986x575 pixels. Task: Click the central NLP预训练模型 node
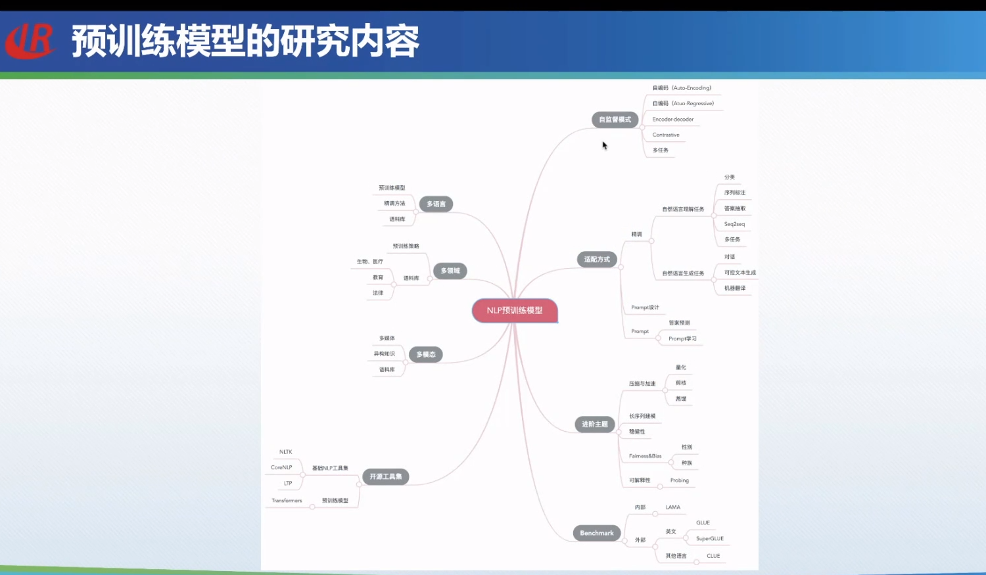[x=515, y=310]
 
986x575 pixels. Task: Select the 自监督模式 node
[x=615, y=120]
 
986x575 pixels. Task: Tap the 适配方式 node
[x=597, y=260]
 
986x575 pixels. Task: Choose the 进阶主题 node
[x=594, y=425]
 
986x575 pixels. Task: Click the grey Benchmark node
[x=596, y=533]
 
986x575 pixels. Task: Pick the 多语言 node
[x=436, y=204]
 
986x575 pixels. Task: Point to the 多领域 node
[x=450, y=271]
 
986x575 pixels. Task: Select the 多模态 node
[x=425, y=355]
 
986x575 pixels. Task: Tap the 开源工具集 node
[x=385, y=476]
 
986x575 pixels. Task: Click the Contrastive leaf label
[x=666, y=135]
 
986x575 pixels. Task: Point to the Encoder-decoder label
[x=672, y=120]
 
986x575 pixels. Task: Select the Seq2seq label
[x=734, y=224]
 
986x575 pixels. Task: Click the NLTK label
[x=285, y=452]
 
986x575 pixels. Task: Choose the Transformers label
[x=287, y=501]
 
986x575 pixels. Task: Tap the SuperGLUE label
[x=709, y=539]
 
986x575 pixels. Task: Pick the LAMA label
[x=672, y=507]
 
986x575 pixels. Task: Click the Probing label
[x=679, y=480]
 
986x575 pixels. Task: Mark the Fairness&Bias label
[x=645, y=456]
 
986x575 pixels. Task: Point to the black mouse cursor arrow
[x=605, y=145]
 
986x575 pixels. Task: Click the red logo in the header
[x=30, y=41]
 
